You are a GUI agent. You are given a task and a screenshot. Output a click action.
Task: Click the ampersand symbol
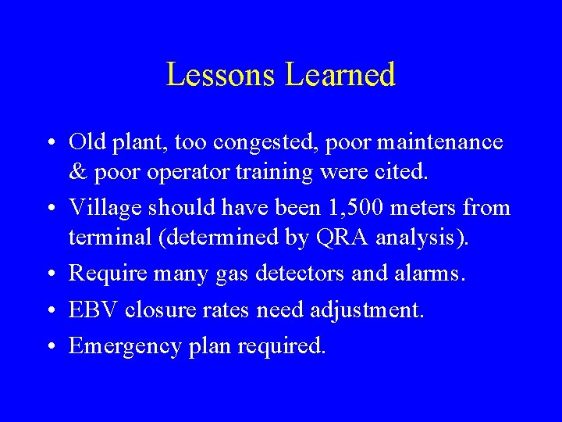point(76,172)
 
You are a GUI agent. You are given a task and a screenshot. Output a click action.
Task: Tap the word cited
point(402,172)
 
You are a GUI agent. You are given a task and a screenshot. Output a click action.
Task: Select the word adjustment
point(367,310)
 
